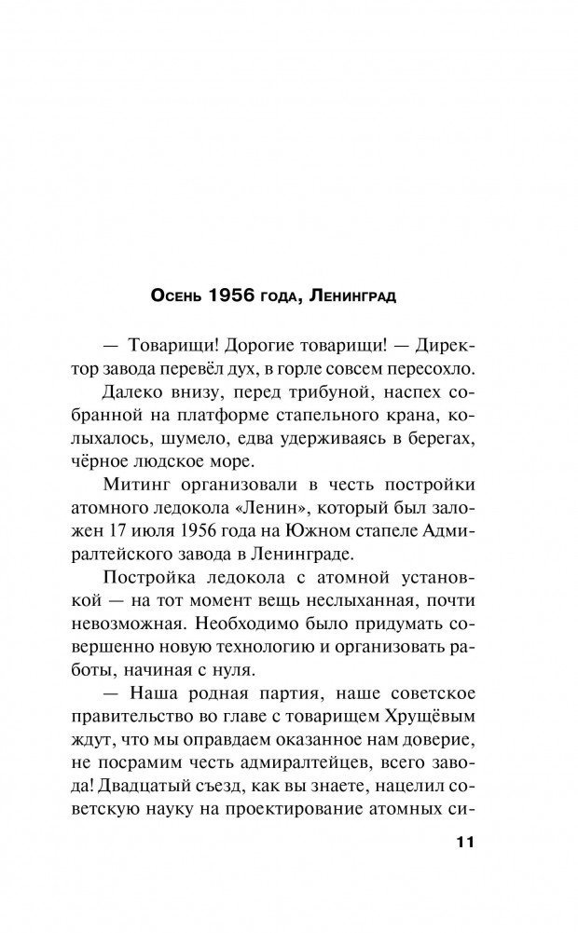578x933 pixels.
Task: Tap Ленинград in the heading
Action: coord(358,297)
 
